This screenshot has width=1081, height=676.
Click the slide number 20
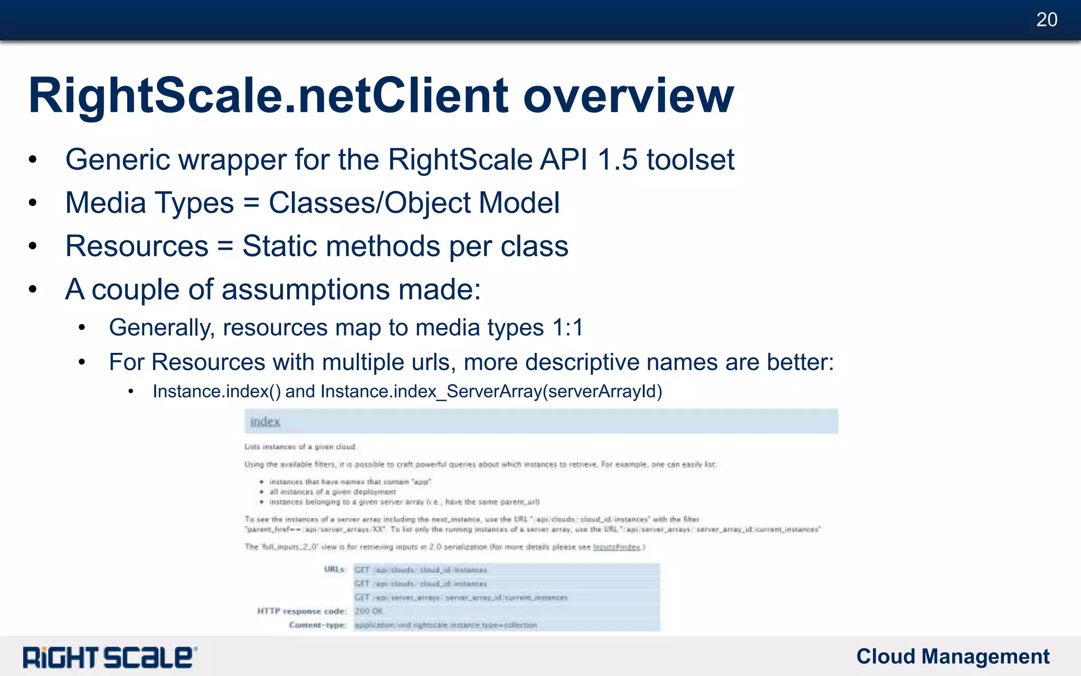[1047, 20]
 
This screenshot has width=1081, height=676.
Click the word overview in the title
[628, 96]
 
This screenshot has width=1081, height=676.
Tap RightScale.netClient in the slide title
[269, 96]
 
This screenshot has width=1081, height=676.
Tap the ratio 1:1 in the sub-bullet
[568, 327]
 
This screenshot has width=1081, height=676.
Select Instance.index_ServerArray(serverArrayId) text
[491, 391]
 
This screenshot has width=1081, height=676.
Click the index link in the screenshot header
[265, 421]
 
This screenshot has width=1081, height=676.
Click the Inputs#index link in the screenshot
[617, 547]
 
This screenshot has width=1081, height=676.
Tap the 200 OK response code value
[368, 611]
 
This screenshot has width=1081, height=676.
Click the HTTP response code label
[302, 611]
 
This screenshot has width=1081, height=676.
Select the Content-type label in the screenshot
[318, 625]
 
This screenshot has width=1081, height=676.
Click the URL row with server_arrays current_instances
[460, 597]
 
